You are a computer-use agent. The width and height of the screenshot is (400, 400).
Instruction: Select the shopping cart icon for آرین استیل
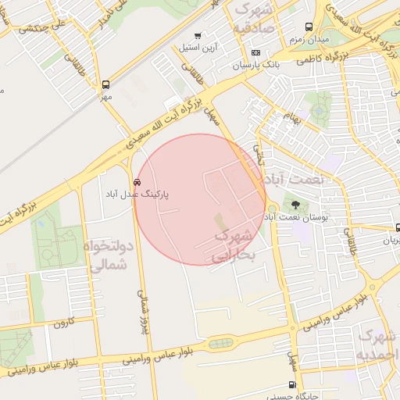tap(198, 36)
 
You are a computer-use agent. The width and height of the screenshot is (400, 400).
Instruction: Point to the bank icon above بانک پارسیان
tap(255, 52)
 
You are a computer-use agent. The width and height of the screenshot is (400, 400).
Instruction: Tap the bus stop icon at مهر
tap(105, 84)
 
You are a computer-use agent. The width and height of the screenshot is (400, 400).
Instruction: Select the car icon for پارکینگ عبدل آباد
tap(138, 182)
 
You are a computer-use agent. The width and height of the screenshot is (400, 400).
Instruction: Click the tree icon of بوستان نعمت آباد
tap(295, 205)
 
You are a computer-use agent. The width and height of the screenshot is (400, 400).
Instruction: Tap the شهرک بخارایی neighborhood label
tap(233, 245)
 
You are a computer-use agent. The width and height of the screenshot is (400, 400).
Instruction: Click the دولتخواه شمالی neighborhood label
tap(109, 256)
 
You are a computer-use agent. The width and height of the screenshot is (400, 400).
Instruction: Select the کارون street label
tap(63, 321)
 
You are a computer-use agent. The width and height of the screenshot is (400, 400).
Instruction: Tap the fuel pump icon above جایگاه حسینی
tap(292, 384)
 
